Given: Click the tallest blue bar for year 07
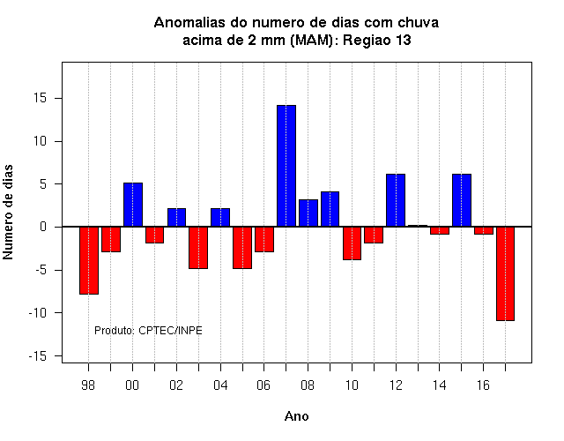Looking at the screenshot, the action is (x=286, y=166).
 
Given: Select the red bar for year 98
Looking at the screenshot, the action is (x=89, y=261).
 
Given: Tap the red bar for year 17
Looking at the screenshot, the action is (x=505, y=273).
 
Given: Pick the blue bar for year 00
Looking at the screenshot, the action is (x=133, y=205).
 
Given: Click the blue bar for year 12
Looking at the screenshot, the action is (x=396, y=200).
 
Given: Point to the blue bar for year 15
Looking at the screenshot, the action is (x=462, y=200).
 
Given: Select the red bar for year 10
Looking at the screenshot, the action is (x=352, y=243).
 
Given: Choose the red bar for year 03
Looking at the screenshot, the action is (x=198, y=248).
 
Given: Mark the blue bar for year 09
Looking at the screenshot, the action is (x=330, y=209).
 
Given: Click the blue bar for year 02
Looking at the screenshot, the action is (x=176, y=218).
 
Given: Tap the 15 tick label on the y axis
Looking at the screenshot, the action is (x=41, y=98).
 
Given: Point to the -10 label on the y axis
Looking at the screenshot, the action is (x=38, y=313).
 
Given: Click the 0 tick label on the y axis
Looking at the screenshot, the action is (x=43, y=227).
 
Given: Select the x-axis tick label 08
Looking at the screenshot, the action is (x=308, y=385).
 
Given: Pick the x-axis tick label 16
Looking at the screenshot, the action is (x=483, y=385).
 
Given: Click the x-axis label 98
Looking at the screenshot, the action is (x=88, y=385).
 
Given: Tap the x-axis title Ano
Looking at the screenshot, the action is (x=296, y=416).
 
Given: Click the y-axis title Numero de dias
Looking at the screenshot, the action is (x=8, y=212).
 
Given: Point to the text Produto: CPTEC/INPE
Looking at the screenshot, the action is (x=148, y=330).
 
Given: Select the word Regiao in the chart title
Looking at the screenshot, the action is (x=367, y=40).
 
